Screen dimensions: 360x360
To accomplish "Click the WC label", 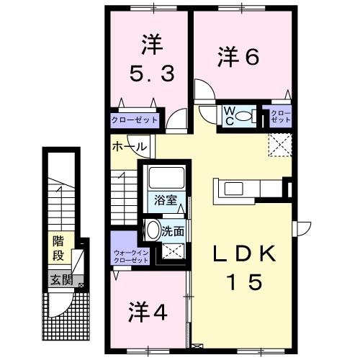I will click(x=228, y=115).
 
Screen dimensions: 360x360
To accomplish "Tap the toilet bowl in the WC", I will click(x=245, y=116).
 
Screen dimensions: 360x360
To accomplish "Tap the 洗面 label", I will click(x=172, y=232).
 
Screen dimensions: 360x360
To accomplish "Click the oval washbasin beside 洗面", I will click(x=153, y=230).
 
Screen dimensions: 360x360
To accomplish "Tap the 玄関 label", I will click(x=60, y=279).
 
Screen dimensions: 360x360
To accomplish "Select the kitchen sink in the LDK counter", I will click(x=235, y=189).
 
